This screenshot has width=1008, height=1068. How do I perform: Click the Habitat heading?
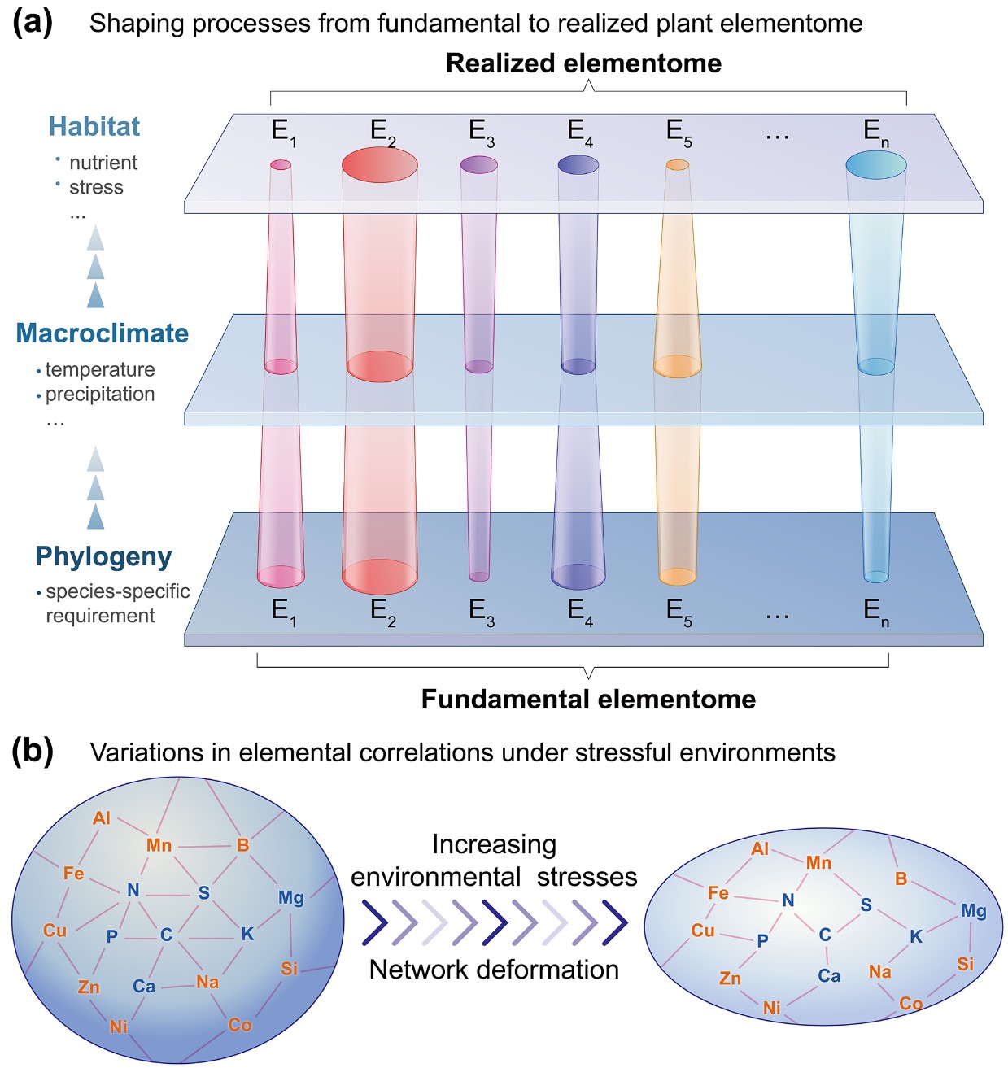coord(94,126)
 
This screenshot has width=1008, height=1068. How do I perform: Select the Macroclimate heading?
coord(103,333)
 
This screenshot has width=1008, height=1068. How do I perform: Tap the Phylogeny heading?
coord(103,557)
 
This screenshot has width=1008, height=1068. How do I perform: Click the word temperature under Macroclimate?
coord(100,369)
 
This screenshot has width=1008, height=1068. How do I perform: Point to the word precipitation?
coord(100,395)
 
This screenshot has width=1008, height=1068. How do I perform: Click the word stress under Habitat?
coord(96,187)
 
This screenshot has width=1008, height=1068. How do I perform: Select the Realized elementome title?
coord(583,63)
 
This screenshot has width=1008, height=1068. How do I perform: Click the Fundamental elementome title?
coord(588,699)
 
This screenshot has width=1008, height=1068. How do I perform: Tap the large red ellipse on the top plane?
coord(380,164)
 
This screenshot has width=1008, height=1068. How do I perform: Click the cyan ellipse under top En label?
coord(876,165)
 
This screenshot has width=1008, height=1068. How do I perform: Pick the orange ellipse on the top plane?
coord(678,164)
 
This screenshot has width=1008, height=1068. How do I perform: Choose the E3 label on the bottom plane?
coord(482,612)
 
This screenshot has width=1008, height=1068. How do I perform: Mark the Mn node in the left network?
coord(159,845)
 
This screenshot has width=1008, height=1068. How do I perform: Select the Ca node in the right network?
coord(829,975)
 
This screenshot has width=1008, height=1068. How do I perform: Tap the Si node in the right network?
coord(966,964)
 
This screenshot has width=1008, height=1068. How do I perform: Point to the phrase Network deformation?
coord(494,970)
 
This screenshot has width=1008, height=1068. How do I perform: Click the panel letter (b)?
coord(33,752)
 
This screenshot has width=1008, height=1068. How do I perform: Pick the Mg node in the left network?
coord(291,898)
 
